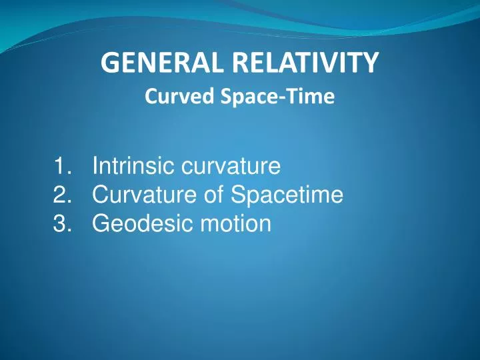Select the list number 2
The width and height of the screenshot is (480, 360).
(x=61, y=195)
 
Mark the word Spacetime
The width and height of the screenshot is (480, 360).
(x=287, y=195)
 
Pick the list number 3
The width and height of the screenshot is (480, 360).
(x=61, y=224)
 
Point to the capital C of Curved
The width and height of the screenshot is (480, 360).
(x=151, y=97)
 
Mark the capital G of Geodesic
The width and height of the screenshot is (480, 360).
(x=100, y=224)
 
